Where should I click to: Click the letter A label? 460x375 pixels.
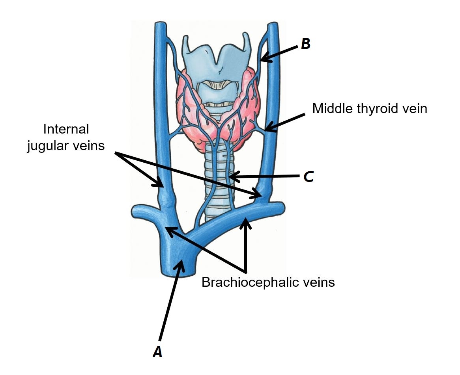(x=157, y=351)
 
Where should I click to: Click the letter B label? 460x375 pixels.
(x=305, y=44)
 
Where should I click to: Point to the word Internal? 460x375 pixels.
(x=66, y=129)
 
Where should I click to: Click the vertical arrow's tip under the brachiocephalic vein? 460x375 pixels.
(x=247, y=219)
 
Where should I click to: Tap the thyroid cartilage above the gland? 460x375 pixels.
(x=215, y=63)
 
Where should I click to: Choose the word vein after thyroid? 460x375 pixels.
(x=414, y=108)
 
